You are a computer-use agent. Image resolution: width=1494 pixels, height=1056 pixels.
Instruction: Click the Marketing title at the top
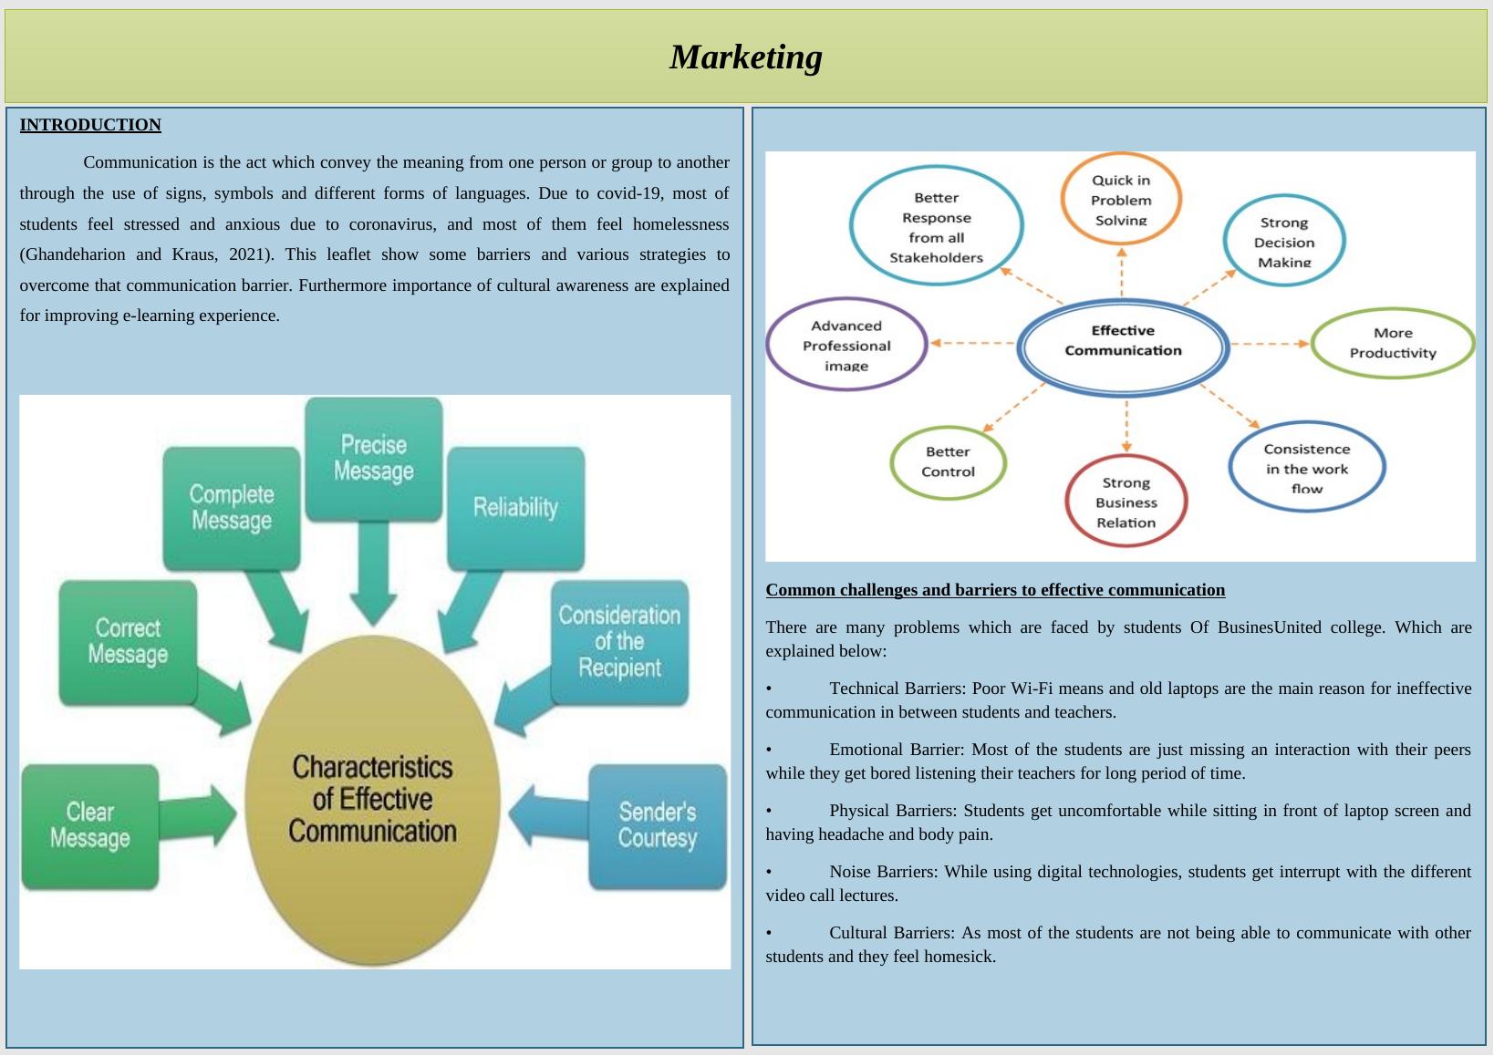(745, 57)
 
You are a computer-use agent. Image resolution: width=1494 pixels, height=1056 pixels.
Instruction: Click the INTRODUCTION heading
(90, 125)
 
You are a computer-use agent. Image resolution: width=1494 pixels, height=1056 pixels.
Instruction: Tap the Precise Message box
(373, 459)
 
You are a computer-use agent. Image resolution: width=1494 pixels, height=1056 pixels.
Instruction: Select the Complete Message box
(231, 508)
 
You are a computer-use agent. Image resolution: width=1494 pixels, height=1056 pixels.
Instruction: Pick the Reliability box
(515, 508)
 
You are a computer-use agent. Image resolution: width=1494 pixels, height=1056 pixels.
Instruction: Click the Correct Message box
(128, 642)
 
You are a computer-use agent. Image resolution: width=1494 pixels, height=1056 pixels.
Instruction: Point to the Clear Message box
(89, 825)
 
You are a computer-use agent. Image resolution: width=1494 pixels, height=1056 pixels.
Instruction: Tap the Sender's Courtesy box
(658, 825)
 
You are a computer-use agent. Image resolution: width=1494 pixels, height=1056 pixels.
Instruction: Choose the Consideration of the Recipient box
(619, 642)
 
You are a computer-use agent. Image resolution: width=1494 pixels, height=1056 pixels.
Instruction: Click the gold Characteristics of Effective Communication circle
(372, 799)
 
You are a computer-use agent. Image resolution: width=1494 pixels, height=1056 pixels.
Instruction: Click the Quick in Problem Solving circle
(1121, 199)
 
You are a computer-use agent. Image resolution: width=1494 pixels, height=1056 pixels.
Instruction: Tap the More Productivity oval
(1393, 343)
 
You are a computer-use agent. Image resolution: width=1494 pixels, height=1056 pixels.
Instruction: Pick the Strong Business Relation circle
(1126, 502)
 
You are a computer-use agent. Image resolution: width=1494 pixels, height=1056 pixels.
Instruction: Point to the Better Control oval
(948, 462)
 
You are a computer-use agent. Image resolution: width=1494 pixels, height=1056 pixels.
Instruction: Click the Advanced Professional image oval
(846, 345)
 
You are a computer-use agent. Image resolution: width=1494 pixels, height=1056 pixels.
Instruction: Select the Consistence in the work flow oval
(1306, 467)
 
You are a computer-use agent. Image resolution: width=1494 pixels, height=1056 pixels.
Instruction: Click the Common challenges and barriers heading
(995, 590)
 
